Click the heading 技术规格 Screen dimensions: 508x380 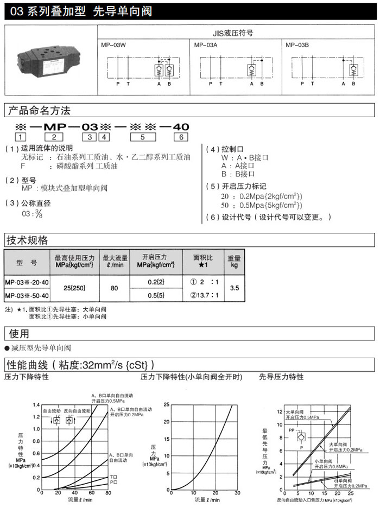(x=27, y=240)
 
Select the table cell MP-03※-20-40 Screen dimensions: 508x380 (x=27, y=282)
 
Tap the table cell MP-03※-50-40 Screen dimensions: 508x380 (x=27, y=296)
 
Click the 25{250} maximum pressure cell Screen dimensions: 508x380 (x=74, y=289)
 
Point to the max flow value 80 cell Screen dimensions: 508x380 (x=115, y=289)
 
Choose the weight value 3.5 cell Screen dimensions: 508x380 (x=235, y=289)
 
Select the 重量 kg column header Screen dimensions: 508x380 (x=235, y=262)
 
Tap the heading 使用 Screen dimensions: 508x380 (x=17, y=333)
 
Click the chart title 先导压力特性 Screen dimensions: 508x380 (x=281, y=377)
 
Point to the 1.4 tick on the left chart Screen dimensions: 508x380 (x=36, y=405)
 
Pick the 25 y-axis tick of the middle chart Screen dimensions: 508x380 (x=167, y=405)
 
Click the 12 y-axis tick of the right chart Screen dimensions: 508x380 (x=280, y=411)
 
